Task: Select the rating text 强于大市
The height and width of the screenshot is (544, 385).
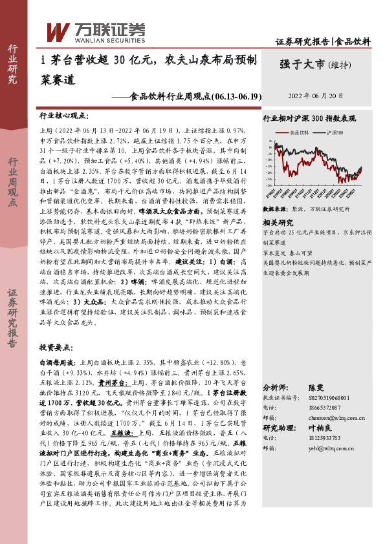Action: (302, 64)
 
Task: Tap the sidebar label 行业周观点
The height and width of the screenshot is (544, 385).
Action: (12, 181)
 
